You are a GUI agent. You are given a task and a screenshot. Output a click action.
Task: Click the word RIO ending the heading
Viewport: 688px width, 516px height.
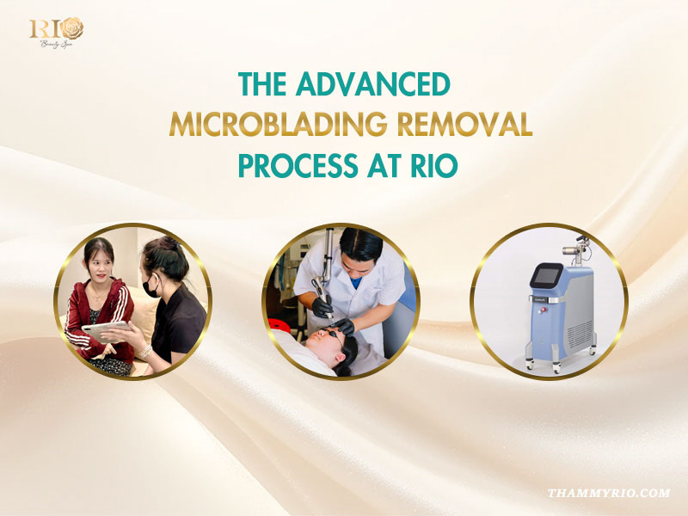coord(429,165)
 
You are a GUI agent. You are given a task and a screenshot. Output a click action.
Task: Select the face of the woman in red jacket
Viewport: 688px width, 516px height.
coord(100,267)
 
